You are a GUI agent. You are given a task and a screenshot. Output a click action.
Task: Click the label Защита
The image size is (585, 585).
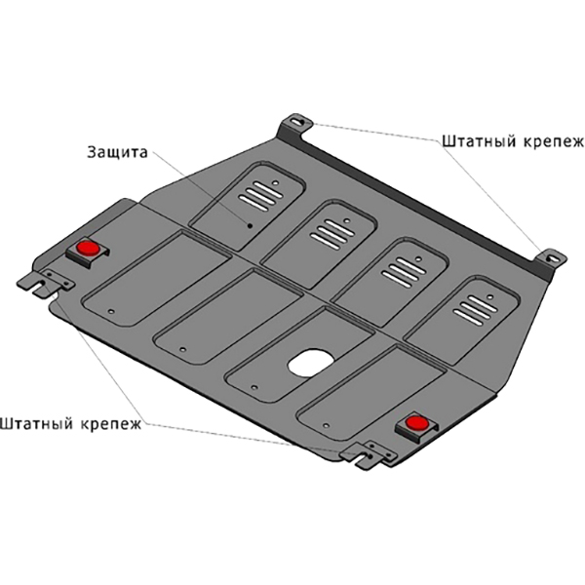(116, 153)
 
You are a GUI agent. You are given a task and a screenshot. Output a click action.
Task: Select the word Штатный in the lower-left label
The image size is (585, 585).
(37, 424)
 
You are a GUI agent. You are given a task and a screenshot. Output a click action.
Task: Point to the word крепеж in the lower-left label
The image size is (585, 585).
(110, 424)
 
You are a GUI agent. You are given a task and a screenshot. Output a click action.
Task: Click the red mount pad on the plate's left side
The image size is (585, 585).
(85, 248)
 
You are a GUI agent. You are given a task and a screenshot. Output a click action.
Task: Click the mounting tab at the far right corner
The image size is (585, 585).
(551, 259)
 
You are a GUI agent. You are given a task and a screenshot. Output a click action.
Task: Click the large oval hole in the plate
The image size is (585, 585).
(310, 363)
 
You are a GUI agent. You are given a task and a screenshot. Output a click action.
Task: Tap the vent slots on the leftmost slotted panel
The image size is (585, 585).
(259, 197)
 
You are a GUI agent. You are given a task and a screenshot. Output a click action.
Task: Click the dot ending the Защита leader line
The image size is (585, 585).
(250, 225)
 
